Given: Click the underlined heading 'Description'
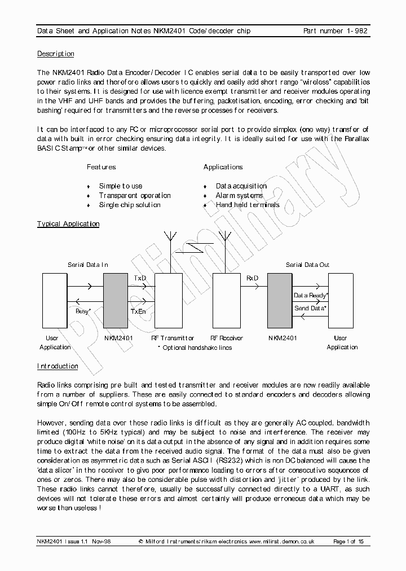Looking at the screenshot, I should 55,54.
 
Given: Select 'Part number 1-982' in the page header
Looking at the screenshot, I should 336,31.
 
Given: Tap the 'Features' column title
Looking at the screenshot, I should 101,167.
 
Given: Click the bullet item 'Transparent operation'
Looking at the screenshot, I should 135,195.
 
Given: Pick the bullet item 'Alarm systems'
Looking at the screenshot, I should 239,195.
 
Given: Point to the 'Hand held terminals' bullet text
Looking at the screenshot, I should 248,205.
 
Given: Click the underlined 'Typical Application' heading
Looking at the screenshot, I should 68,224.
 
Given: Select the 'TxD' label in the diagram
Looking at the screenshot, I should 140,278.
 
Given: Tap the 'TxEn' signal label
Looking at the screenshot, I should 139,311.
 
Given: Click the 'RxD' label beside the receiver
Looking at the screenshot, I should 252,278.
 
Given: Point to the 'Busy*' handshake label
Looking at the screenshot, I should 83,311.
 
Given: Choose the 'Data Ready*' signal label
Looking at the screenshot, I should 311,295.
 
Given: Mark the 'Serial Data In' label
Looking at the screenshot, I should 88,265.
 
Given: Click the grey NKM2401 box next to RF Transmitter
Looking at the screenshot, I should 116,300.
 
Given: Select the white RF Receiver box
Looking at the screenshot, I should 226,300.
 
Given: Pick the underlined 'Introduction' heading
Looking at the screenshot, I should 58,366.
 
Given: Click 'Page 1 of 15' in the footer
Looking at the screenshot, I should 348,542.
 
